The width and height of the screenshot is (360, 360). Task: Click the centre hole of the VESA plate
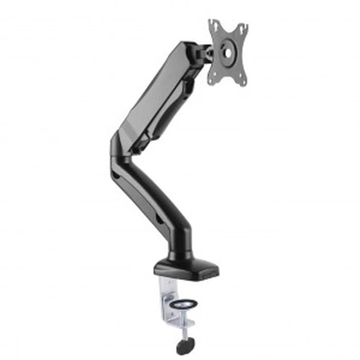[x=228, y=51]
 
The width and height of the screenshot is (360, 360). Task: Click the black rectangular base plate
[x=185, y=267]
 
